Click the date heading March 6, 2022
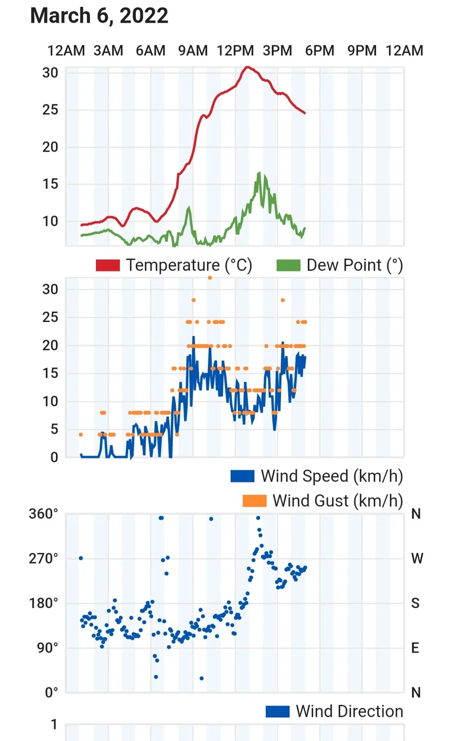(x=99, y=16)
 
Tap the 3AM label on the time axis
(x=108, y=50)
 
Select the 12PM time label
(x=235, y=50)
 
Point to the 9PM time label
(x=362, y=50)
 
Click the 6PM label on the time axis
(x=320, y=50)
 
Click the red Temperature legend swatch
(x=108, y=265)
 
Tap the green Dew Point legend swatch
(x=288, y=265)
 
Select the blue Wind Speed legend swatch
(x=243, y=476)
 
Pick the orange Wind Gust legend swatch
(x=254, y=500)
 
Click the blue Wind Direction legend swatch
(x=278, y=711)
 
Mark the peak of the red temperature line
(x=248, y=67)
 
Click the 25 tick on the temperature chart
(x=50, y=110)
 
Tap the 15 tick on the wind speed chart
(x=50, y=373)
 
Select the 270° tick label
(x=43, y=559)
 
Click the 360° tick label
(x=43, y=514)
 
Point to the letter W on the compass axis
(x=417, y=559)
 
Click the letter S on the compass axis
(x=415, y=603)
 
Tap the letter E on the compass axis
(x=415, y=648)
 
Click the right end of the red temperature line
(x=305, y=113)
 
